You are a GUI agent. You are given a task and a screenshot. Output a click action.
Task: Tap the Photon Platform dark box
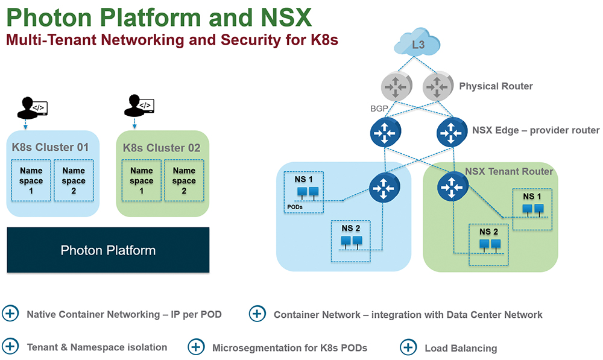[108, 250]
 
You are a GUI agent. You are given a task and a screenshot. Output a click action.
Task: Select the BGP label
[379, 109]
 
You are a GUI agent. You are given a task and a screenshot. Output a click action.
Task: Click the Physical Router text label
[496, 86]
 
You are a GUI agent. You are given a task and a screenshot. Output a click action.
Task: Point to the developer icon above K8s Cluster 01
[33, 108]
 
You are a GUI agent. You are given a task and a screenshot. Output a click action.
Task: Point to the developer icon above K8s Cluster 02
[139, 105]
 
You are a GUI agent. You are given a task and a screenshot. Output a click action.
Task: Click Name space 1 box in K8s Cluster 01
[31, 180]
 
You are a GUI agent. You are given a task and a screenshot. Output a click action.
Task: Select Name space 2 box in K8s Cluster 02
[184, 180]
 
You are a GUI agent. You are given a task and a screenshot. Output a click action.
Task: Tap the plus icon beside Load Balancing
[408, 347]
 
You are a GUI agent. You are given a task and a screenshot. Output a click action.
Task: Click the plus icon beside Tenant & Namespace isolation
[10, 346]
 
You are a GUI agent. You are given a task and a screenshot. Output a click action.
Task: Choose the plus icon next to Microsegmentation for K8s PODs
[196, 347]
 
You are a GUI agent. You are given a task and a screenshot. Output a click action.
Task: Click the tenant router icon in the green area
[453, 187]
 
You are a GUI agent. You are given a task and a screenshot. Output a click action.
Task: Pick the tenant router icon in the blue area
[385, 188]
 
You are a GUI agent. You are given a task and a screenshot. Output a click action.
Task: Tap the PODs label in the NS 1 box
[295, 207]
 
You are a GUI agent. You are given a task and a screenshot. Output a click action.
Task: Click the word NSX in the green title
[286, 17]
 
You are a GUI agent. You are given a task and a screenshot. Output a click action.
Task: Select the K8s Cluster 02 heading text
[162, 148]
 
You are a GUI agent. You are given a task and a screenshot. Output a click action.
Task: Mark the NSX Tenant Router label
[509, 171]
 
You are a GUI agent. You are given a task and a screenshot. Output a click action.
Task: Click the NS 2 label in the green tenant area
[488, 232]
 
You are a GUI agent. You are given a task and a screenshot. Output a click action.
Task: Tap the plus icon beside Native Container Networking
[10, 313]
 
